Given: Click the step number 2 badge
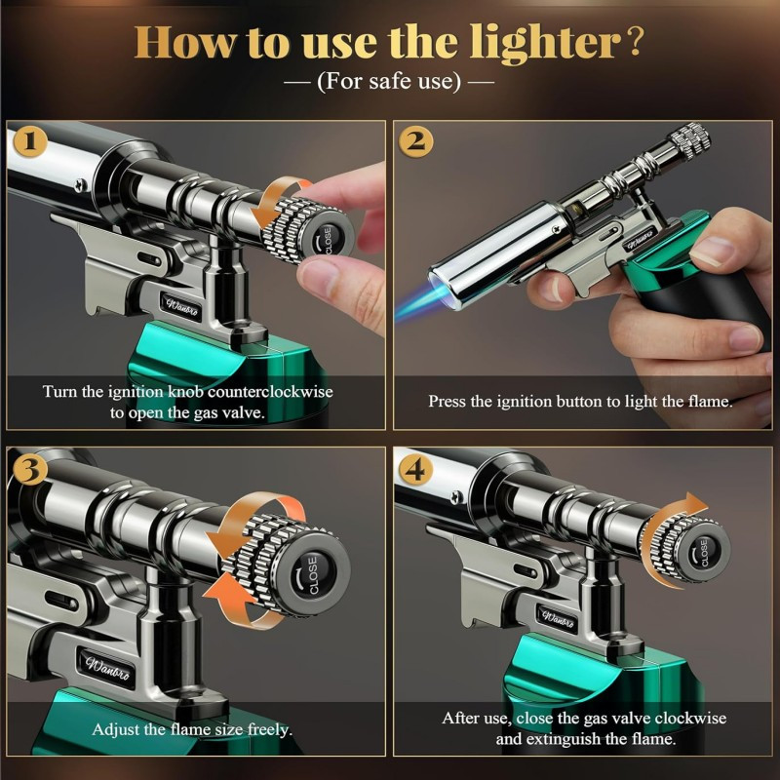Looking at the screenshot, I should click(417, 142).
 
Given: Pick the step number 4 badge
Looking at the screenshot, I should click(417, 468).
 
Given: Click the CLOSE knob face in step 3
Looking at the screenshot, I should click(313, 568).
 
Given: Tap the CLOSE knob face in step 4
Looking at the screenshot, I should click(704, 552).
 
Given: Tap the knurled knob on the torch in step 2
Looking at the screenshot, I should click(689, 138).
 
